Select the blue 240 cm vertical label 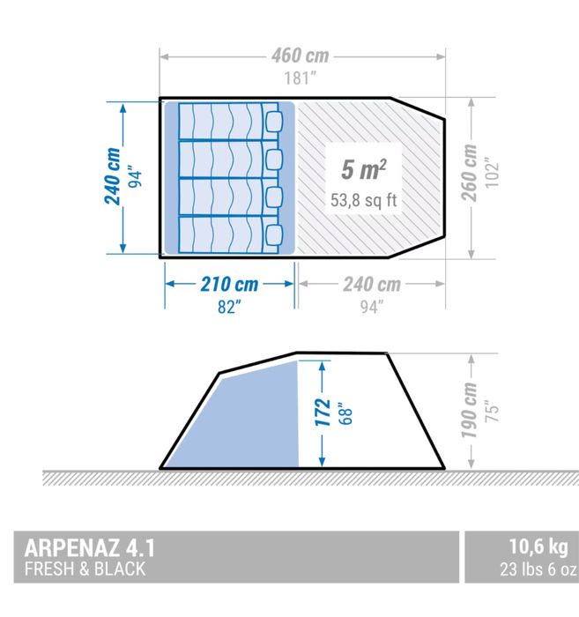click(x=112, y=177)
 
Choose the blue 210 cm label click(x=228, y=284)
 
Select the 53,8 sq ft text click(x=364, y=200)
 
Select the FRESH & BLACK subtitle click(x=85, y=569)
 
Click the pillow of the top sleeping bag click(x=272, y=120)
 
